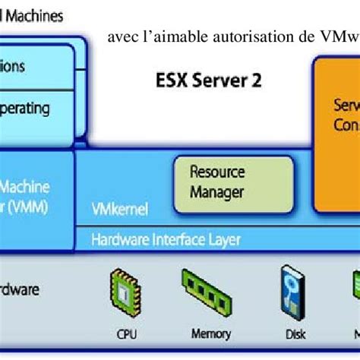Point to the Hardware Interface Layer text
(x=166, y=240)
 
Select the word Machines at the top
(x=33, y=15)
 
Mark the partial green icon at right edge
(x=354, y=289)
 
